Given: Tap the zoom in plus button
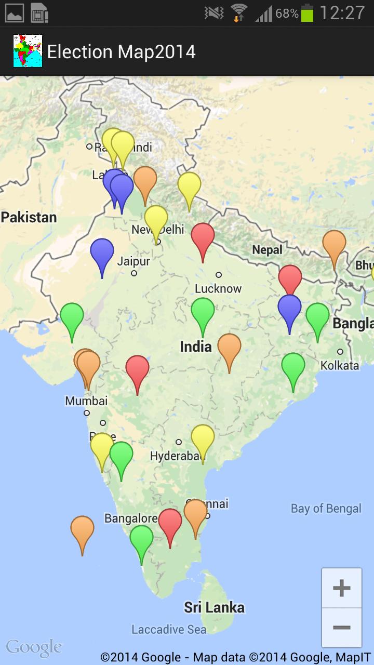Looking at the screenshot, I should pyautogui.click(x=341, y=588).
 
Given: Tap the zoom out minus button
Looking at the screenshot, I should pyautogui.click(x=341, y=628).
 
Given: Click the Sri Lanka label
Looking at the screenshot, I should pyautogui.click(x=214, y=607).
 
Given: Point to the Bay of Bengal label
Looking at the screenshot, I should pyautogui.click(x=326, y=508).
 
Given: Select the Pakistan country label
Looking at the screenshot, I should pyautogui.click(x=29, y=217).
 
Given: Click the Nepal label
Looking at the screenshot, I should pyautogui.click(x=267, y=250).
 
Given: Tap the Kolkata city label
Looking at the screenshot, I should pyautogui.click(x=340, y=365).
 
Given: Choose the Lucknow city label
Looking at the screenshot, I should pyautogui.click(x=218, y=288).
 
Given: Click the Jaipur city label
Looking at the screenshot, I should pyautogui.click(x=133, y=261).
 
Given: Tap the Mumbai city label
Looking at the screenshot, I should pyautogui.click(x=86, y=401).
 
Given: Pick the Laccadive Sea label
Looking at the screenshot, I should pyautogui.click(x=169, y=630).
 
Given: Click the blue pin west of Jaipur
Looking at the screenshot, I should pyautogui.click(x=102, y=252).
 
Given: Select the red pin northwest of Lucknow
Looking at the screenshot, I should pyautogui.click(x=203, y=237).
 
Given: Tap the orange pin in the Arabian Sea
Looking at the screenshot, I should pyautogui.click(x=82, y=529).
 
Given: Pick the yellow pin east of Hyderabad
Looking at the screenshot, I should pyautogui.click(x=203, y=438).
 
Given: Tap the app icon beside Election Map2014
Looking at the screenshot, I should pyautogui.click(x=28, y=51).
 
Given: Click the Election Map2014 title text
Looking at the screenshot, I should pyautogui.click(x=121, y=52).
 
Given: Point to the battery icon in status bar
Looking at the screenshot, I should pyautogui.click(x=308, y=13).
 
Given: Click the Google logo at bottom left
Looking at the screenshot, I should pyautogui.click(x=34, y=648).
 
